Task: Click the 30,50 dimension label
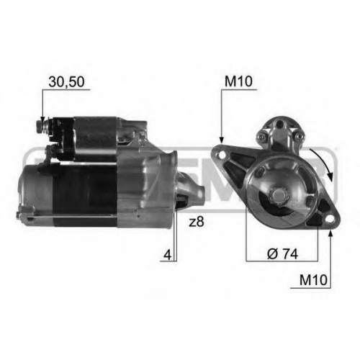(66, 82)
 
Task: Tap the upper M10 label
(238, 82)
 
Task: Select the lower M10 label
(313, 280)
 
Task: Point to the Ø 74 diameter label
(282, 253)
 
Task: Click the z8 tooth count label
(197, 222)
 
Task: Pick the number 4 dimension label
(168, 255)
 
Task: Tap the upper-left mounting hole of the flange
(222, 155)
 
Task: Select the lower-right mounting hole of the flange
(330, 219)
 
